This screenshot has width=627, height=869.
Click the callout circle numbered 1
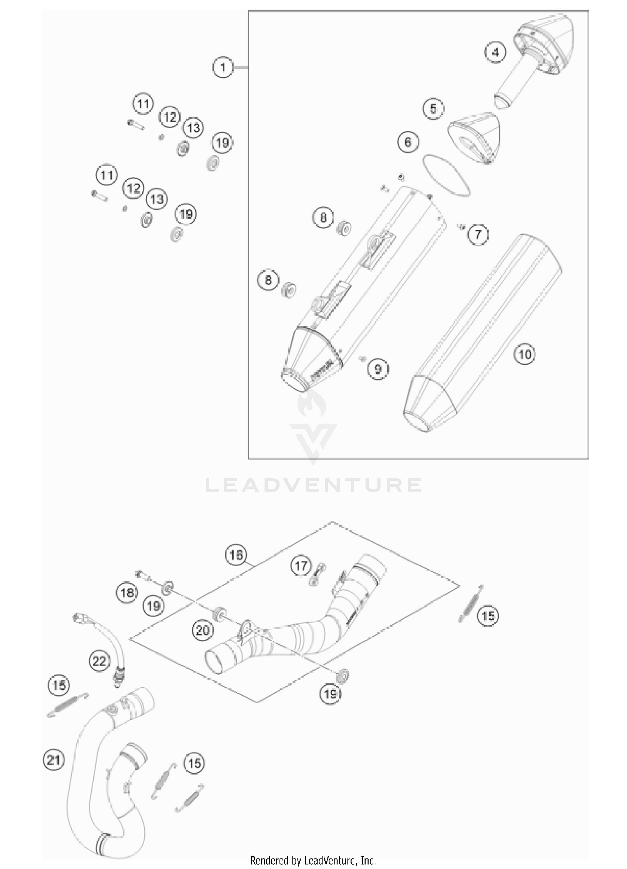coord(223,67)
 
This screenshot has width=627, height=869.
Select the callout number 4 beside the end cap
coord(495,53)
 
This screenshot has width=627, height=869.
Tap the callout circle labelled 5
coord(433,109)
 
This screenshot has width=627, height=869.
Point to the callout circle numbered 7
coord(478,234)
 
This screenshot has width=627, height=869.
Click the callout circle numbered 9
coord(377,369)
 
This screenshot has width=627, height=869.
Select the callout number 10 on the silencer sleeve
coord(525,354)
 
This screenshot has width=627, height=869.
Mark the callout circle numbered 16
coord(236,555)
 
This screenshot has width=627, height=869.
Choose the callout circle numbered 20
coord(203,630)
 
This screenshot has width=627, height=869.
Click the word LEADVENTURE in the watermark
coord(313,485)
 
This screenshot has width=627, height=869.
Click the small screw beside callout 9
coord(362,358)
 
